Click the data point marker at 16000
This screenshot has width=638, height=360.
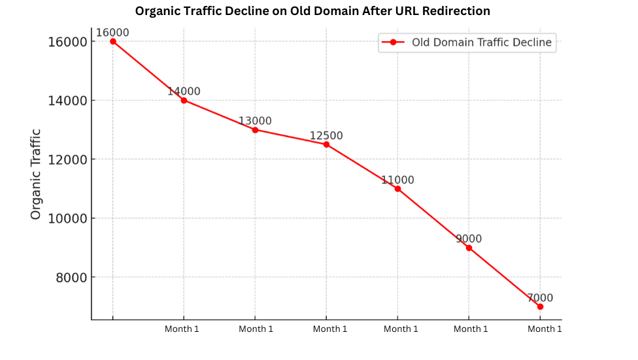click(113, 41)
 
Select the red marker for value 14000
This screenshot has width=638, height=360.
click(184, 100)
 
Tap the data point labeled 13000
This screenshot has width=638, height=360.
click(255, 129)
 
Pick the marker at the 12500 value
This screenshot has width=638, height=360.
click(326, 144)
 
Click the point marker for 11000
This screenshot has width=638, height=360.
click(397, 189)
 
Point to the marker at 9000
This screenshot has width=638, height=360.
click(469, 248)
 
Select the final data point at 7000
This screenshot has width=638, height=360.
click(540, 306)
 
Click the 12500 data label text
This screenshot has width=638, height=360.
click(326, 136)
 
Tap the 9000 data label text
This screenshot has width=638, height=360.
click(469, 239)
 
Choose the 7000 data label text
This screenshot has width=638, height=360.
click(540, 298)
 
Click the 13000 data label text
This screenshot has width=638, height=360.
click(255, 121)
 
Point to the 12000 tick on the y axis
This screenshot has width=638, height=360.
click(68, 159)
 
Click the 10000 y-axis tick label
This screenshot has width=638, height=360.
click(68, 218)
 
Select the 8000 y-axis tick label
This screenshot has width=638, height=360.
click(71, 277)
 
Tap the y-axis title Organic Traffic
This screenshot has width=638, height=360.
click(36, 174)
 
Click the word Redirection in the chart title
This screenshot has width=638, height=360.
click(457, 11)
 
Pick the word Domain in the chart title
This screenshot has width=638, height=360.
click(313, 11)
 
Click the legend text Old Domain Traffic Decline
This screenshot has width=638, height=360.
click(481, 42)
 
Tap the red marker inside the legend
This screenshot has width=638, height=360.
click(393, 42)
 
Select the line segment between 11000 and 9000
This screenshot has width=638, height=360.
click(433, 218)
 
